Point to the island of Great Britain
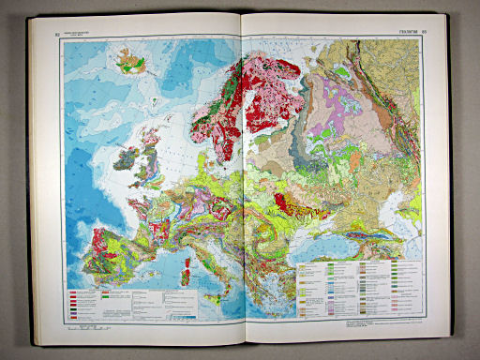[151, 164]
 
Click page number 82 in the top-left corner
[57, 36]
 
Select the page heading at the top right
[407, 35]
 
